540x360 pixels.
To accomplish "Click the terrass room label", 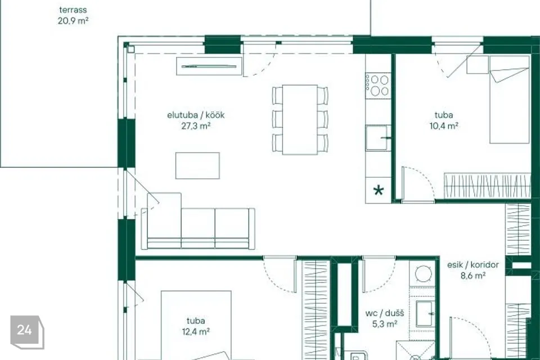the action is [x=73, y=10].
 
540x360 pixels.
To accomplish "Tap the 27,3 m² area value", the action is [x=196, y=126].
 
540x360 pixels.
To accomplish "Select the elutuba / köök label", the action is [x=196, y=115].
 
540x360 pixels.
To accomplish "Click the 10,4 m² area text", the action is [x=444, y=126].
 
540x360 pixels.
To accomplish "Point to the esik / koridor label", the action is [x=473, y=264].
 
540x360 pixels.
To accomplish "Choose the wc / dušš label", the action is [x=385, y=313].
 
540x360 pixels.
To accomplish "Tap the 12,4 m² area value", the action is [x=196, y=332].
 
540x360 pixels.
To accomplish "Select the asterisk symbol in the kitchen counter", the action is [x=378, y=190].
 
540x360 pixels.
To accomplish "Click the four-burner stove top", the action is [x=378, y=85].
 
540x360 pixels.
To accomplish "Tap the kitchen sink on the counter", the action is [x=378, y=138].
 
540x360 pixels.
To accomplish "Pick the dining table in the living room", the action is [x=300, y=120].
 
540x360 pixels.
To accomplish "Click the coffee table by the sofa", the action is [x=197, y=166].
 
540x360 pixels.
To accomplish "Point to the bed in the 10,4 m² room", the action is [x=510, y=99].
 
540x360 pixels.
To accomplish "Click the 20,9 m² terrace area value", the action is [x=73, y=21].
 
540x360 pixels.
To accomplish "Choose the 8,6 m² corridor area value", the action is [x=473, y=276].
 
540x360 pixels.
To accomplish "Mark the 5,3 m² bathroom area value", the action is [x=385, y=324].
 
